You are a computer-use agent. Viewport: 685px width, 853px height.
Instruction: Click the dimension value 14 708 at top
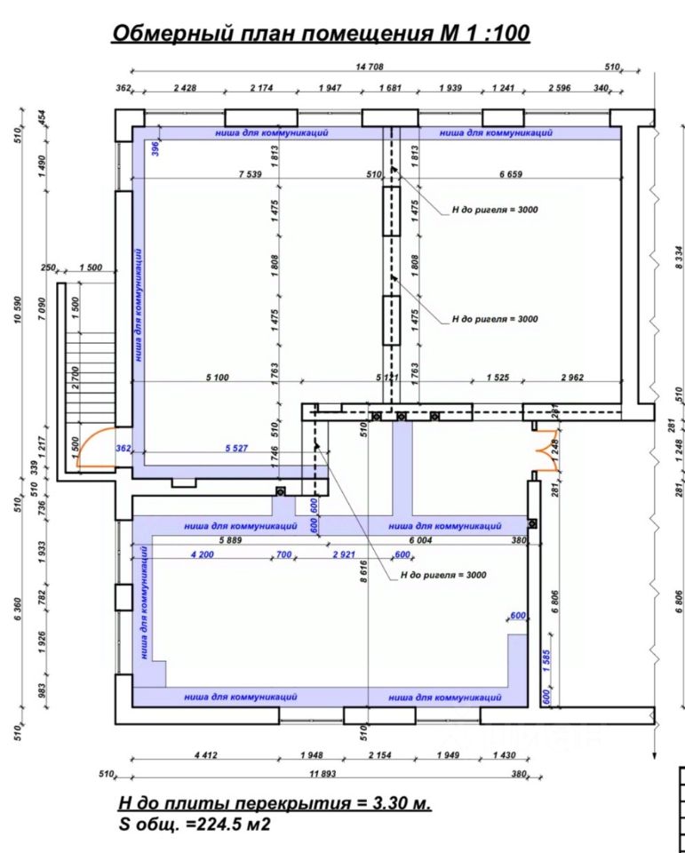[x=370, y=67]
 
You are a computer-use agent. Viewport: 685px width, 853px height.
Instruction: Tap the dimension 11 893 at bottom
[x=323, y=774]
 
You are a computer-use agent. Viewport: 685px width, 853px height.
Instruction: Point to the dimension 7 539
[x=251, y=175]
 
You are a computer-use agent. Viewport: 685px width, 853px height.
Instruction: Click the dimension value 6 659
[x=511, y=175]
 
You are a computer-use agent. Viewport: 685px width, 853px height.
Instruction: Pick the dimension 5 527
[x=236, y=448]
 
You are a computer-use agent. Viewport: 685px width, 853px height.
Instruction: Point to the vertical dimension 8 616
[x=363, y=571]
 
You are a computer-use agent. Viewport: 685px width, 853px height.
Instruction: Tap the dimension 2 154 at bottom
[x=379, y=755]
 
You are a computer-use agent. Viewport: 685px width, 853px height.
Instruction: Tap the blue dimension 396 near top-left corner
[x=155, y=147]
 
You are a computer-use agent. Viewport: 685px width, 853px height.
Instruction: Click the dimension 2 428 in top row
[x=185, y=88]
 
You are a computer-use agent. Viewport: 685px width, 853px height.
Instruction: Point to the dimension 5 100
[x=218, y=377]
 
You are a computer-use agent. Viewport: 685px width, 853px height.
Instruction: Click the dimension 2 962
[x=572, y=377]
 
